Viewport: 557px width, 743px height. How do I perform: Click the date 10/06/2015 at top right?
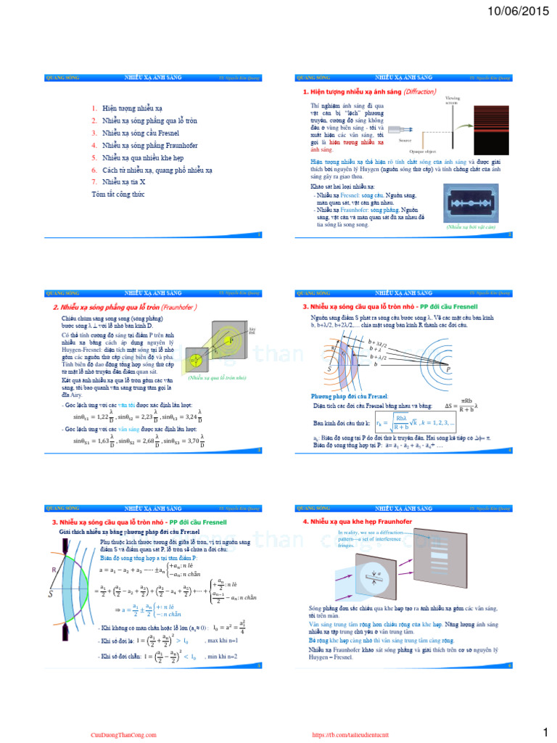(516, 12)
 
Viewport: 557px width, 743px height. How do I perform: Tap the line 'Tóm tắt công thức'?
(118, 194)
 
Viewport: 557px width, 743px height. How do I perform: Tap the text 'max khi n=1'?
(222, 641)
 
